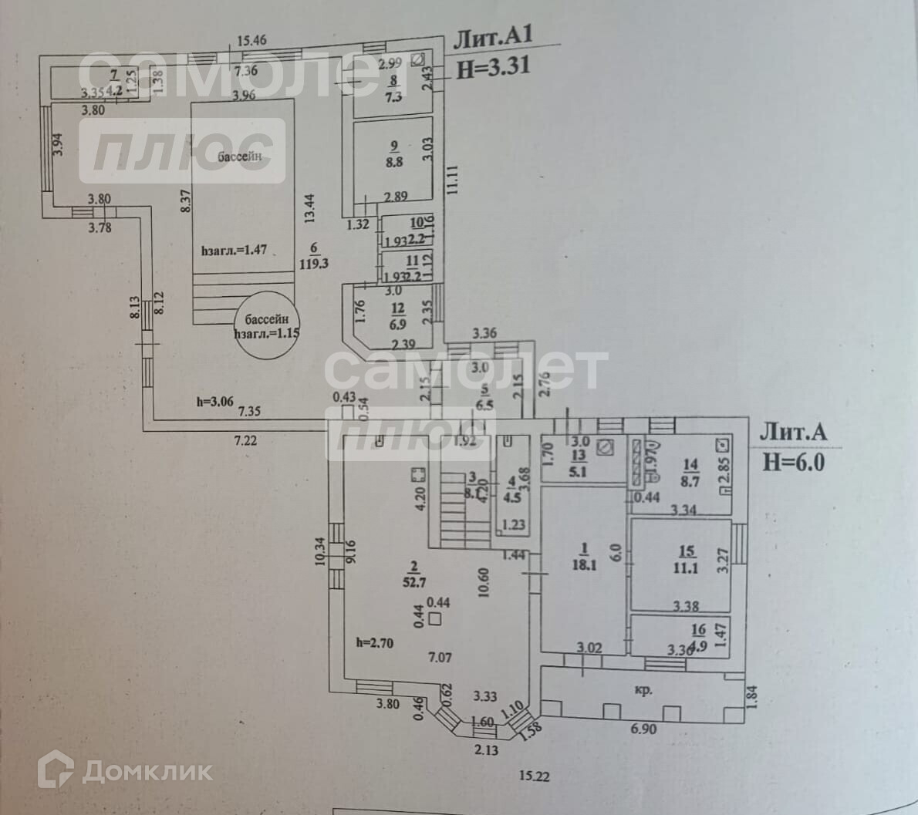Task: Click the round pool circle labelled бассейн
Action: click(x=265, y=326)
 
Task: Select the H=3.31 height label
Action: click(x=494, y=66)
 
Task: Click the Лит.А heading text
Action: click(x=794, y=433)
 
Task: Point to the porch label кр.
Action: click(x=641, y=690)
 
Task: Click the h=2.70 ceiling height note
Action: click(x=374, y=642)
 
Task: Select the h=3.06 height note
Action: click(x=212, y=401)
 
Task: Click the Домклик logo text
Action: click(x=147, y=770)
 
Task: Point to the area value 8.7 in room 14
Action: click(x=690, y=480)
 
